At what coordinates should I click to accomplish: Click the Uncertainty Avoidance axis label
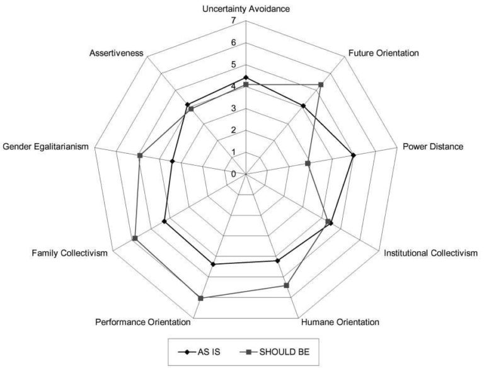tap(246, 9)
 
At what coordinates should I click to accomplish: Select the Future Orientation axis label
tap(384, 53)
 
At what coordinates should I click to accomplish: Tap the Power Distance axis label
tap(433, 146)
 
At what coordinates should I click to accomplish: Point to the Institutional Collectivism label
tap(430, 253)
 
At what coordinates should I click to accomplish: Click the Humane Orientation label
tap(340, 322)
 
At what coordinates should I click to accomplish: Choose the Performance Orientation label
tap(143, 322)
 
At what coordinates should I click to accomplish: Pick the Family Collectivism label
tap(70, 253)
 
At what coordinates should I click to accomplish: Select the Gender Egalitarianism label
tap(45, 147)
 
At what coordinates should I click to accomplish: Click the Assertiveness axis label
tap(117, 53)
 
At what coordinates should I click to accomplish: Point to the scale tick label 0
tap(233, 174)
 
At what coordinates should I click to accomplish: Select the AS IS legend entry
tap(199, 352)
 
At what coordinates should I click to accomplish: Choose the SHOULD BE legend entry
tap(275, 352)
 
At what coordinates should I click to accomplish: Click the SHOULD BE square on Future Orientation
tap(321, 84)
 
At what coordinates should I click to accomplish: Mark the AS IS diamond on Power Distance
tap(354, 155)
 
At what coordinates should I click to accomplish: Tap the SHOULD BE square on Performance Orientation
tap(200, 298)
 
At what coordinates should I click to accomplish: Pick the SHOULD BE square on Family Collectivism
tap(135, 238)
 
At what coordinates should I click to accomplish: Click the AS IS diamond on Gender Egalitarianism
tap(172, 161)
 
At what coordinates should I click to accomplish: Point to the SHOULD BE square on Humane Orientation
tap(287, 285)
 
